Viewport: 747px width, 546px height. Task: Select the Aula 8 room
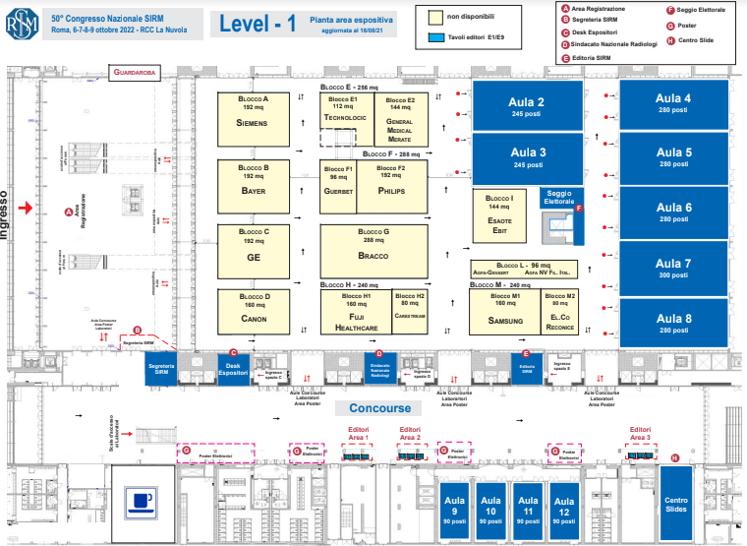(674, 324)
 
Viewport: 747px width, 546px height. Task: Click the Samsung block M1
(504, 313)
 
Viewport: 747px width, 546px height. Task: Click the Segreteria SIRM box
(161, 368)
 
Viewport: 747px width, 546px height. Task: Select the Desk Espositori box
(232, 368)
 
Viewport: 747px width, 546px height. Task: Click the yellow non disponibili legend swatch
(433, 17)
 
